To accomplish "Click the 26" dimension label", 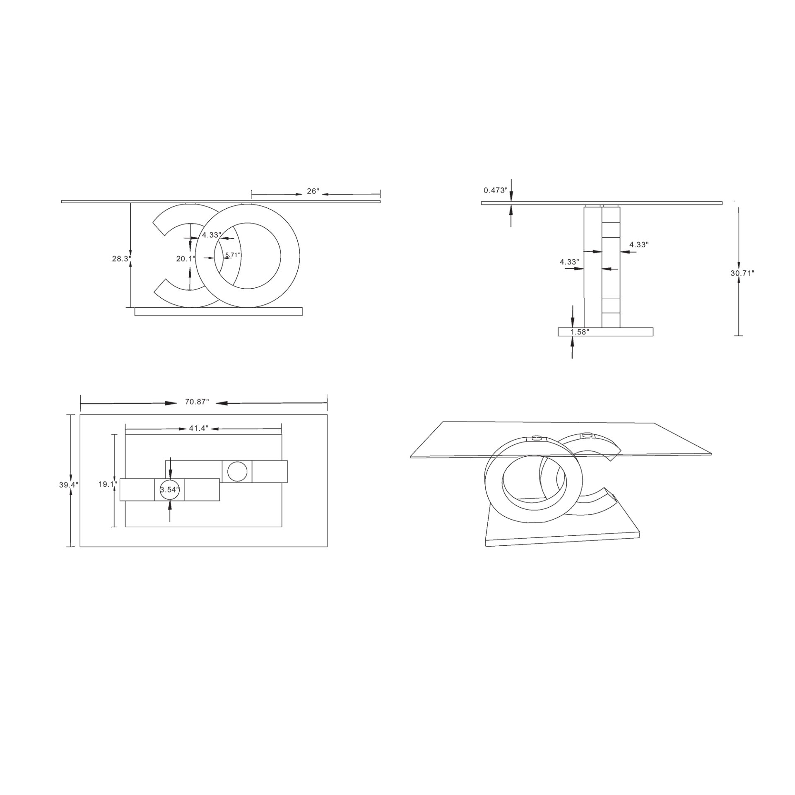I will coord(313,191).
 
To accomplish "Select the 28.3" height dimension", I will coord(121,259).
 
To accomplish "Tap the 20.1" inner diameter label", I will coord(185,259).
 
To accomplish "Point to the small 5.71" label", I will coord(232,255).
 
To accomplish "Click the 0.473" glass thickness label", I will coord(495,190).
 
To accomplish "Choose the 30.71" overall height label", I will coord(742,273).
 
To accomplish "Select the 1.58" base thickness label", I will coord(580,332).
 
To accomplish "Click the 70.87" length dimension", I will coord(197,402).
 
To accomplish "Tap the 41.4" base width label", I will coord(198,429).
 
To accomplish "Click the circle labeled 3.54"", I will coord(170,490).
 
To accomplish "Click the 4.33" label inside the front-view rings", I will coord(211,235).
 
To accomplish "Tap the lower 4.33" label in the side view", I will coord(569,262).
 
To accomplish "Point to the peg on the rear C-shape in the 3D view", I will coord(587,435).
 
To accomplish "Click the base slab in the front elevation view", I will coord(218,311).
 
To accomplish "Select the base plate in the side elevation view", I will coord(605,332).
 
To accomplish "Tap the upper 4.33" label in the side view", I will coord(638,245).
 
